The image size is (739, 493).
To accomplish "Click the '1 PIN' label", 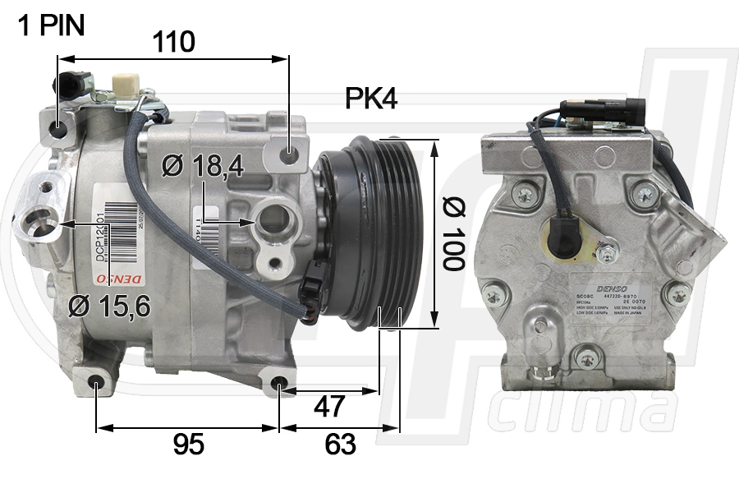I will click(x=51, y=25).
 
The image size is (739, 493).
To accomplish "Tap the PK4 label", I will click(x=370, y=99).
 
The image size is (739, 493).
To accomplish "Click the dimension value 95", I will click(x=188, y=445).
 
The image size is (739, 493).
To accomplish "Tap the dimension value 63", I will click(x=340, y=445).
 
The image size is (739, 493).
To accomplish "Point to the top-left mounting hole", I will click(x=57, y=129).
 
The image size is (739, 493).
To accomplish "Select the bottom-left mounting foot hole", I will click(x=97, y=381).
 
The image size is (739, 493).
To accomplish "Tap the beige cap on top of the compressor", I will click(x=123, y=85).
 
